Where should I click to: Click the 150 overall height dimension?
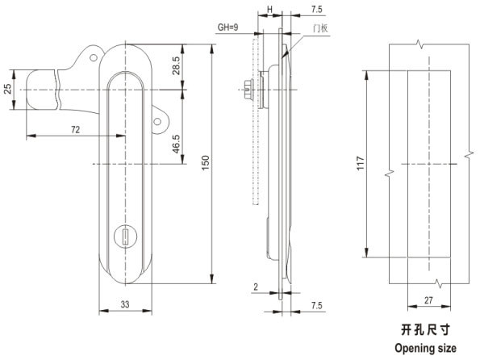coord(206,162)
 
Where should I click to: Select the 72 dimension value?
coord(75,128)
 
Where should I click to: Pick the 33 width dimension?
coord(127,304)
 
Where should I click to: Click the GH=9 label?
coord(229,28)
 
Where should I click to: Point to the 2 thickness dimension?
coord(255,287)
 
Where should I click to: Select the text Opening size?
coord(424,348)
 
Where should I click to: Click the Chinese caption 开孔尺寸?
coord(424,330)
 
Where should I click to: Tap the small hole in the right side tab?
coord(159,122)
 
